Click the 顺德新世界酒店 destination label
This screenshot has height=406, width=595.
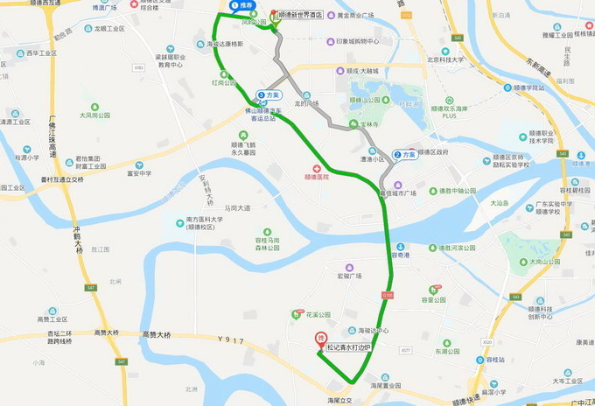pos(300,15)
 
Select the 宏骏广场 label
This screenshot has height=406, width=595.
pos(349,276)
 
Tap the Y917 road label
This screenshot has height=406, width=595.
pos(231,340)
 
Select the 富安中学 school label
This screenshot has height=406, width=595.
pos(138,173)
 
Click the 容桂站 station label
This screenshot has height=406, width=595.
pos(495,359)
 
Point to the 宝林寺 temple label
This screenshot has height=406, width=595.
pos(374,124)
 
